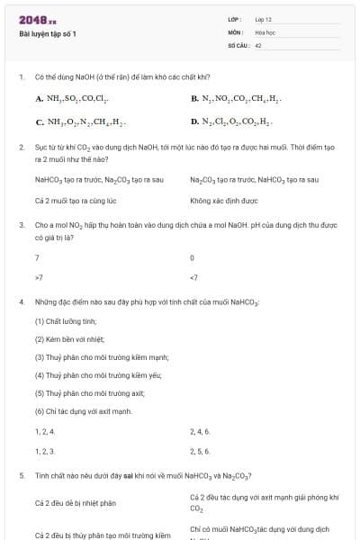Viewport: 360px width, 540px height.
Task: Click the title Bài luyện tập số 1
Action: coord(48,33)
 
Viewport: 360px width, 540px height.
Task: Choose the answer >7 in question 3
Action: coord(38,277)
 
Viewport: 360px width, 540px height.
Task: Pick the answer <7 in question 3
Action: coord(193,277)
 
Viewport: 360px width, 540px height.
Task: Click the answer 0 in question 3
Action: coord(193,257)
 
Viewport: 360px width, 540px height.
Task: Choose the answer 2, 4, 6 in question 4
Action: coord(200,432)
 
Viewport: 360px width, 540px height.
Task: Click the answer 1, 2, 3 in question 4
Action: coord(45,451)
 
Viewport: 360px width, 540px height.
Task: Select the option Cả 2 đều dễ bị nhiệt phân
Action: coord(76,503)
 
